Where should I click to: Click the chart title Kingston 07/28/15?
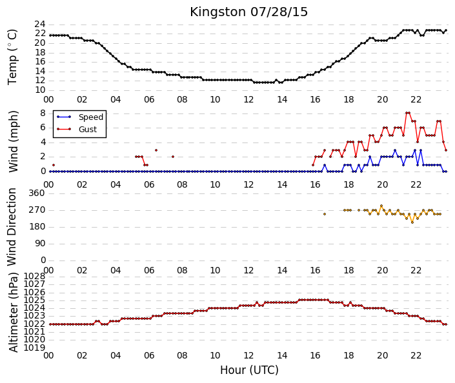[x=248, y=12]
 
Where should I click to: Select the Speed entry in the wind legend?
[x=91, y=117]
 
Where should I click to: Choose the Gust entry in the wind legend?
[x=88, y=130]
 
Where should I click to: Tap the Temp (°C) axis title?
[x=12, y=57]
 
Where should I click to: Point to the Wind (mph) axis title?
[x=13, y=141]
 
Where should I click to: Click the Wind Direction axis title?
[x=12, y=227]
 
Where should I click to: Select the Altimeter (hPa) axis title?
[x=14, y=312]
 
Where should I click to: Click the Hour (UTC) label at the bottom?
[x=249, y=370]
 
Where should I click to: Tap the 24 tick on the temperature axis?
[x=40, y=24]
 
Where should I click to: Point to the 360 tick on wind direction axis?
[x=37, y=193]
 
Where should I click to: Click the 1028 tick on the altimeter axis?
[x=34, y=276]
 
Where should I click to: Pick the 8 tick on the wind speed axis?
[x=43, y=113]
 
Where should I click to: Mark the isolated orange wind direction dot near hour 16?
[x=325, y=214]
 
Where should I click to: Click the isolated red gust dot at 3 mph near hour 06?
[x=156, y=150]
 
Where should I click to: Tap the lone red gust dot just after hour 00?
[x=54, y=165]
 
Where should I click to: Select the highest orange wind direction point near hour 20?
[x=381, y=206]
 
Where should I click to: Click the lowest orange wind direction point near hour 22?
[x=412, y=222]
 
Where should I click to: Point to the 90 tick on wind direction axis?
[x=40, y=244]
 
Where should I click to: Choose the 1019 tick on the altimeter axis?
[x=34, y=348]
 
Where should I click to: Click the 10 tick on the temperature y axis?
[x=40, y=90]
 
